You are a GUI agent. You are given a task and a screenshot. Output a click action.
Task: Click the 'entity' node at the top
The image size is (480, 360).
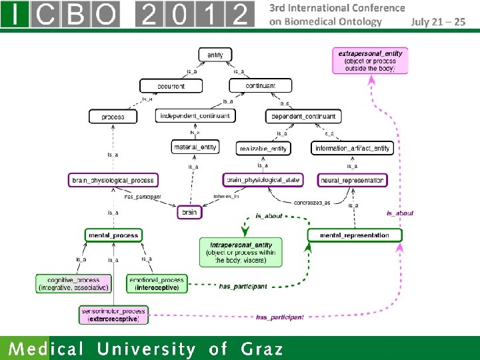pos(215,55)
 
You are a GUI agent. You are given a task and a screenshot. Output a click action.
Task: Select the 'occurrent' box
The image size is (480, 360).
pos(171,86)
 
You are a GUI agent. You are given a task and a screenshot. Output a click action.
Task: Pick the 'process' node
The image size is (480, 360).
pos(113,116)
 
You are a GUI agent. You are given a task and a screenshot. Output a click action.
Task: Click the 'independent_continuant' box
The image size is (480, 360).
pos(195,115)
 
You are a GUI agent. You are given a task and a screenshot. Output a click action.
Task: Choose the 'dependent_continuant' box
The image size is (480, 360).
pos(303,116)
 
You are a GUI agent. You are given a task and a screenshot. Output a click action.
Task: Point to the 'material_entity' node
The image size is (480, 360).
pos(195,147)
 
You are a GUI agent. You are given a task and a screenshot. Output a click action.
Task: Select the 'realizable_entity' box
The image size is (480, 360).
pos(264,148)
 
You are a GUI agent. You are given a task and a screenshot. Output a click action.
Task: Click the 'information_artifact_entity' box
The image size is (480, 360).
pos(352,148)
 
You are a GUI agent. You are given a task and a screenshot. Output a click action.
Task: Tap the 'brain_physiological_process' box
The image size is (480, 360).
pos(113,180)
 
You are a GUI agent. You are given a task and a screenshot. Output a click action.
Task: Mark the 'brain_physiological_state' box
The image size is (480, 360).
pos(263,179)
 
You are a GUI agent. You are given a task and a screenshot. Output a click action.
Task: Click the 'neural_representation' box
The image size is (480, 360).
pos(353,180)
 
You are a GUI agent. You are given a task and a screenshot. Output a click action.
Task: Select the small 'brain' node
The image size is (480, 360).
pos(190,212)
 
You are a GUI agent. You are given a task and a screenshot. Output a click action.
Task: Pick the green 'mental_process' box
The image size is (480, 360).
pos(113,235)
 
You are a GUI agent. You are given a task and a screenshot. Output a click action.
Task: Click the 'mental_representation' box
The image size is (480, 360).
pos(354,235)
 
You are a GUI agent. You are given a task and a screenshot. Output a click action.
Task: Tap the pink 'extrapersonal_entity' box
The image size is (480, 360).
pos(370,61)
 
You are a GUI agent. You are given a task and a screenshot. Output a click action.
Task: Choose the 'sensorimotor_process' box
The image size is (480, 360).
pos(113,315)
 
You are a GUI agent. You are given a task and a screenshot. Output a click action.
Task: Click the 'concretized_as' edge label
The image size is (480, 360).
pos(311,202)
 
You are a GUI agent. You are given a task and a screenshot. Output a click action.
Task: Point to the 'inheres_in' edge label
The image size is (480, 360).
pos(225,196)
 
